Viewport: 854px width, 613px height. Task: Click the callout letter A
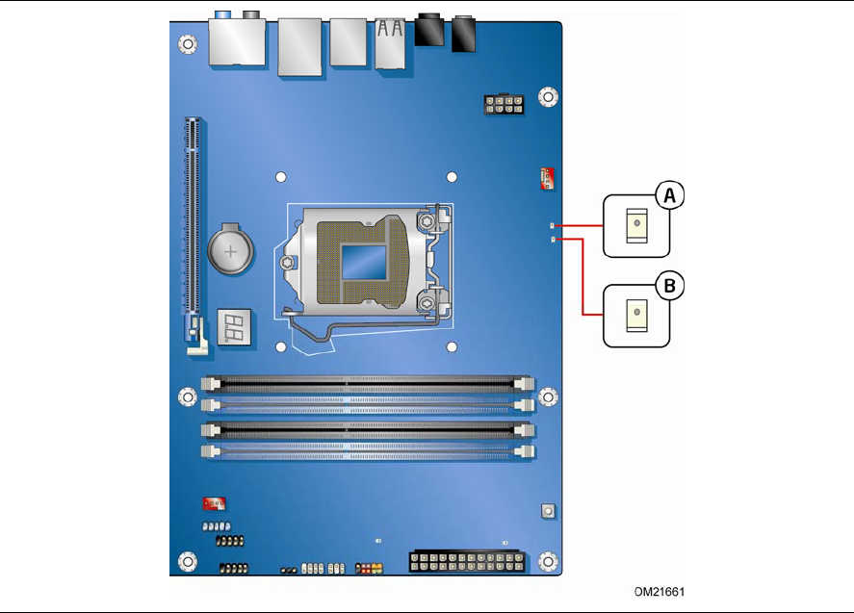669,195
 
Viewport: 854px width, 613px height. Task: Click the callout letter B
669,286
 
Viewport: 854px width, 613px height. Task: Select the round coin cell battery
230,250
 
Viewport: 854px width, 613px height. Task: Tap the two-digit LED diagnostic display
234,327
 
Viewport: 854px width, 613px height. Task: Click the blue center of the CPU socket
363,262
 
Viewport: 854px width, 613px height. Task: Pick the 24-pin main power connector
467,562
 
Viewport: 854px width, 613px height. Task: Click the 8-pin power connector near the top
504,105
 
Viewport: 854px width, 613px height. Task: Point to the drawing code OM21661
660,592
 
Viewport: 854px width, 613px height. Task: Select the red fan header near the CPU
547,179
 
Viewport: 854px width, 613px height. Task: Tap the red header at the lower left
214,503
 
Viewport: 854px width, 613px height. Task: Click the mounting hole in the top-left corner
188,43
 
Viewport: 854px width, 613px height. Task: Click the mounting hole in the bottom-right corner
548,561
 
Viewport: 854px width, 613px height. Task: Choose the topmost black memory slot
368,384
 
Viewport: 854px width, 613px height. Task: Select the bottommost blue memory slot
368,451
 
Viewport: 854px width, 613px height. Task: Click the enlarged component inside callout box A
636,225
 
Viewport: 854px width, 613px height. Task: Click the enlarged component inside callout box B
636,316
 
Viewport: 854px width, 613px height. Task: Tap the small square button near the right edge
548,511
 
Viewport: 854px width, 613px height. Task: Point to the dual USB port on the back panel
390,43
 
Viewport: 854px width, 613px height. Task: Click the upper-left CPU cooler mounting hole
281,177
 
